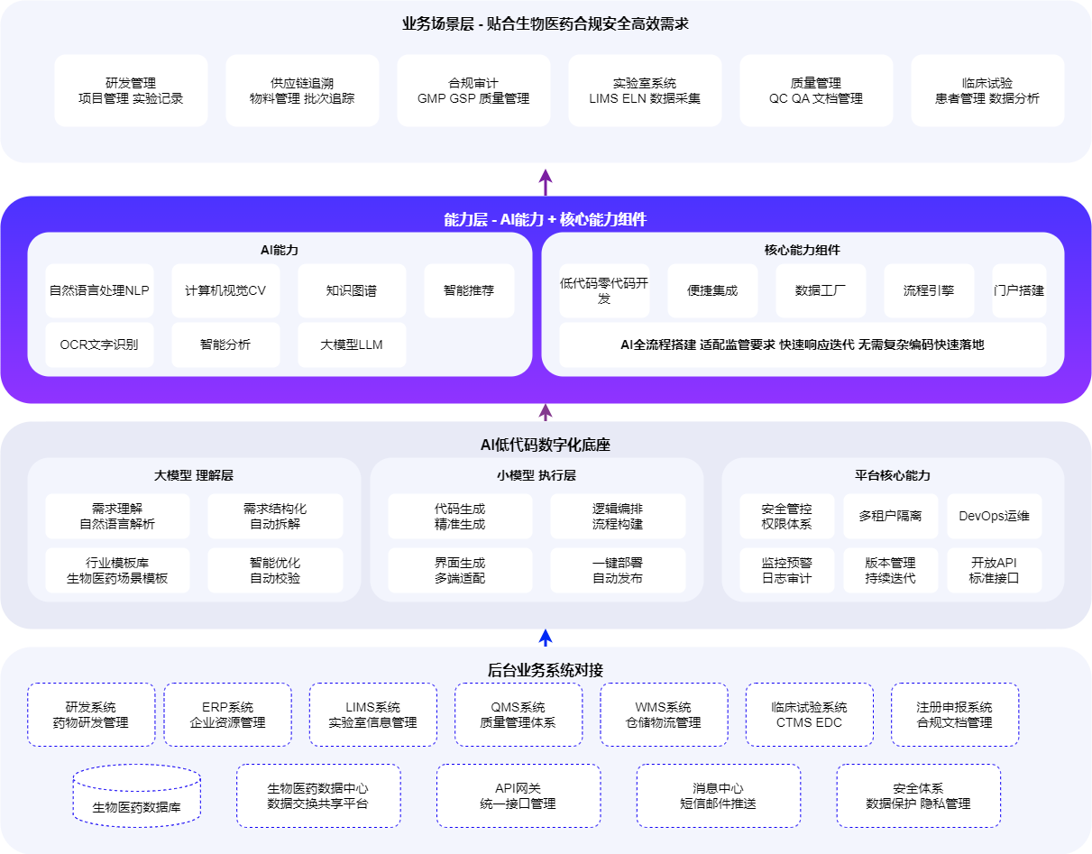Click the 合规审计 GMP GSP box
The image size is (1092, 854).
pos(473,90)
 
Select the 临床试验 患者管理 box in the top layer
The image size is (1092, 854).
pos(987,90)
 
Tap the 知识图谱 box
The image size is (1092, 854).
pos(352,290)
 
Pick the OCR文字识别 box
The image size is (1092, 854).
pos(99,344)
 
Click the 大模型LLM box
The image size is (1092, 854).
pos(352,344)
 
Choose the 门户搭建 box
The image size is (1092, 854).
pos(1019,290)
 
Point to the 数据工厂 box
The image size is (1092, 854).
pos(821,290)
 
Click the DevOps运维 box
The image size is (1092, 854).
pos(994,516)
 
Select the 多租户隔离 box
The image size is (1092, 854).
pos(891,516)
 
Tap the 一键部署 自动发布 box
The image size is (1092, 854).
pos(618,570)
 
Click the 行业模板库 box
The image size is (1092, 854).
pos(117,570)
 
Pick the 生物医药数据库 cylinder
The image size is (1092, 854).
pos(137,795)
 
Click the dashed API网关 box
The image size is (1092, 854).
pos(518,795)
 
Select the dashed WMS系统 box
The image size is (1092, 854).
pos(664,714)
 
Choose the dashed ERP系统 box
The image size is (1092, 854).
pos(227,714)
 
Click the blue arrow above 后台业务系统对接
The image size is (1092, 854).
pos(546,638)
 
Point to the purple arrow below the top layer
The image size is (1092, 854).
pos(546,182)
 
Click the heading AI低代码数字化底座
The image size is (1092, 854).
pos(546,445)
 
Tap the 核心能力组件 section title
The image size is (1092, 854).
pos(803,250)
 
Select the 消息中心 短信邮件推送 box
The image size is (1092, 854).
pos(718,795)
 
